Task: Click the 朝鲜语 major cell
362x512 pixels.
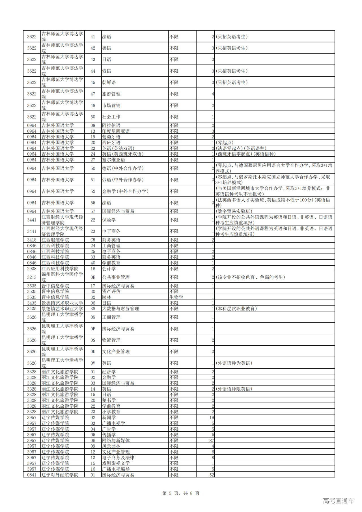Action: click(109, 83)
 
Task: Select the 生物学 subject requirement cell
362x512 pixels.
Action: click(176, 297)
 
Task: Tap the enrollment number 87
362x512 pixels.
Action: click(211, 440)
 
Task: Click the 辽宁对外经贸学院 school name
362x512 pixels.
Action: click(60, 475)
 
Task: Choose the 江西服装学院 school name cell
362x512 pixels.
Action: click(55, 240)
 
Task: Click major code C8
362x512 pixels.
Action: click(93, 240)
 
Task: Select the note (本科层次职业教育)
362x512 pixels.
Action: click(236, 309)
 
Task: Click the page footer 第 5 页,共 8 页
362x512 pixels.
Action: click(181, 493)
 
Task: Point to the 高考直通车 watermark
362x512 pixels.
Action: click(338, 501)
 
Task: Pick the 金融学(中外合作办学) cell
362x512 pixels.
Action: click(125, 191)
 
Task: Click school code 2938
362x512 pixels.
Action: click(32, 269)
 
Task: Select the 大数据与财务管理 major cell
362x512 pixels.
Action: click(120, 309)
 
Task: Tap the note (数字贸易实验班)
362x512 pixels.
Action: click(234, 211)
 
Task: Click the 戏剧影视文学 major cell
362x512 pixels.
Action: click(116, 463)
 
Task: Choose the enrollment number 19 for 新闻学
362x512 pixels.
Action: click(212, 418)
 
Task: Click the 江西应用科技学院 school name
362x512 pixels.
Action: click(60, 269)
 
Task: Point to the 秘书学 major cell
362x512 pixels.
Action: click(109, 400)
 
